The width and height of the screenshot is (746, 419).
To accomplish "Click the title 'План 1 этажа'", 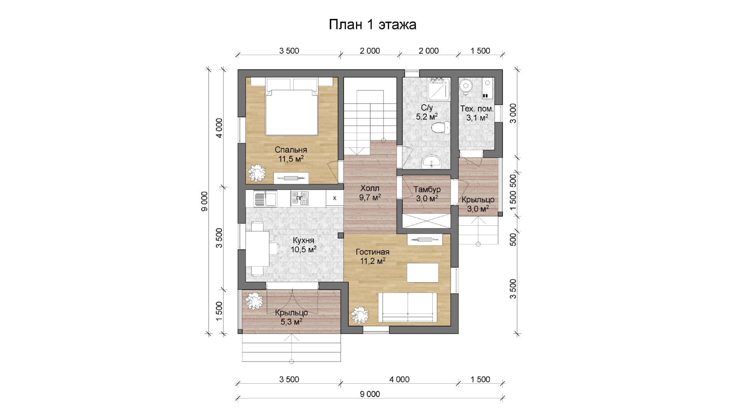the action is tap(373, 24).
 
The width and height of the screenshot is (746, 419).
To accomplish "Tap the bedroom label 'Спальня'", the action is tap(291, 150).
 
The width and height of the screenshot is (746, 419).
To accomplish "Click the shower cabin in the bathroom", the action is tap(439, 90).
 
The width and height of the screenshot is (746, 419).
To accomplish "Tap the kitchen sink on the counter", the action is tap(265, 199).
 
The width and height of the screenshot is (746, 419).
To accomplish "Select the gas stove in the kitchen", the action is tap(300, 198).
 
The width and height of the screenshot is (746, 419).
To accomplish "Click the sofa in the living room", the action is tap(407, 307).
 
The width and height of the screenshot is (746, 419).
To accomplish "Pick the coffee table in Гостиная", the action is tap(423, 273).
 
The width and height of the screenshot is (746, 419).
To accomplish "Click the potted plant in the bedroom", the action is tap(256, 173).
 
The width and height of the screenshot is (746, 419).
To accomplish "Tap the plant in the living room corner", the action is tap(359, 314).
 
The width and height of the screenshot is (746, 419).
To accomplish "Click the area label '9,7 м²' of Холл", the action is tap(370, 197).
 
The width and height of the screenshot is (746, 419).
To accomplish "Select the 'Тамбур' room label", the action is tap(427, 189).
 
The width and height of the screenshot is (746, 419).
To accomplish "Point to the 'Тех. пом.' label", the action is tap(477, 109).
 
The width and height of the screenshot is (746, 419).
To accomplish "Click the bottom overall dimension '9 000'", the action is tap(370, 394).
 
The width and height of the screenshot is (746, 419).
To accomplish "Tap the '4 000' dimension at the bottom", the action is tap(399, 379).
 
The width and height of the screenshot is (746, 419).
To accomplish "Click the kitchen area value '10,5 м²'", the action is tap(303, 249).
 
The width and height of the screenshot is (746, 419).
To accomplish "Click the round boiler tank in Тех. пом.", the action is tap(465, 86).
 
